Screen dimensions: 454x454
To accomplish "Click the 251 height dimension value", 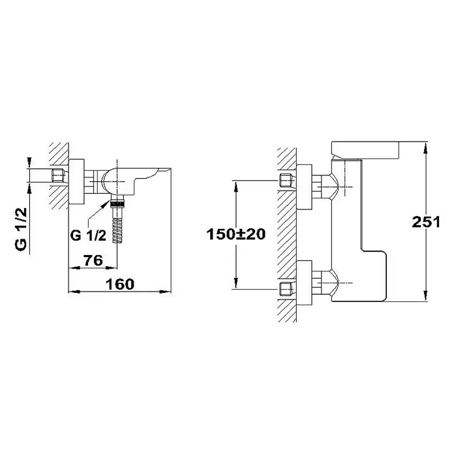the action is click(x=426, y=222).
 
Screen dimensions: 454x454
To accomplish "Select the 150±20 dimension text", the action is click(x=235, y=234).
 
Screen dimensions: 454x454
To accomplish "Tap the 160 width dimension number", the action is click(x=120, y=284).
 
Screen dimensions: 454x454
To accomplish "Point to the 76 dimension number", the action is click(x=93, y=260).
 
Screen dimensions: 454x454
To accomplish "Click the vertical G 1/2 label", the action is click(x=22, y=230).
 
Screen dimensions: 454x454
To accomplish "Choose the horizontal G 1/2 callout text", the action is click(x=88, y=235).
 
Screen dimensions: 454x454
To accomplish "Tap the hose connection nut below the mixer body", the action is click(x=117, y=201).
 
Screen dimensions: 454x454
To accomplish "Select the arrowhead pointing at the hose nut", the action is click(x=106, y=204).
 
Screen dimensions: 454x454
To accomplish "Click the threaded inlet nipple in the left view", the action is click(x=57, y=175).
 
